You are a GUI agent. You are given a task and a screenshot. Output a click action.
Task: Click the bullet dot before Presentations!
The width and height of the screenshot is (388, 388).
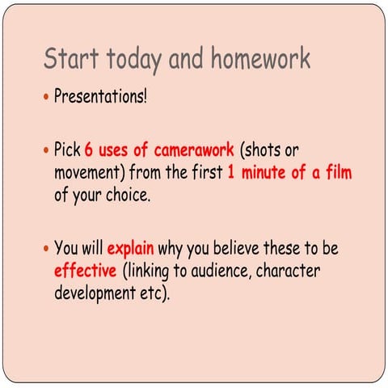[46, 99]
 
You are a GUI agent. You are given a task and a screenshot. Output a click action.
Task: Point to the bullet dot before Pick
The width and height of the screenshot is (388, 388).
[46, 151]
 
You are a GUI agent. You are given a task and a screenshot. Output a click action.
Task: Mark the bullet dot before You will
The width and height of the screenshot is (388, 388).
[46, 248]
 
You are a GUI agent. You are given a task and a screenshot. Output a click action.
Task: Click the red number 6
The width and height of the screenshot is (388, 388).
[90, 150]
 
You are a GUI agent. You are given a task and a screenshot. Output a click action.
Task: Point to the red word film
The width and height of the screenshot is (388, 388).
[336, 172]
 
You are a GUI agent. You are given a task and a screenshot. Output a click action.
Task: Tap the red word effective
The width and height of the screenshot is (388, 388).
[86, 269]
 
